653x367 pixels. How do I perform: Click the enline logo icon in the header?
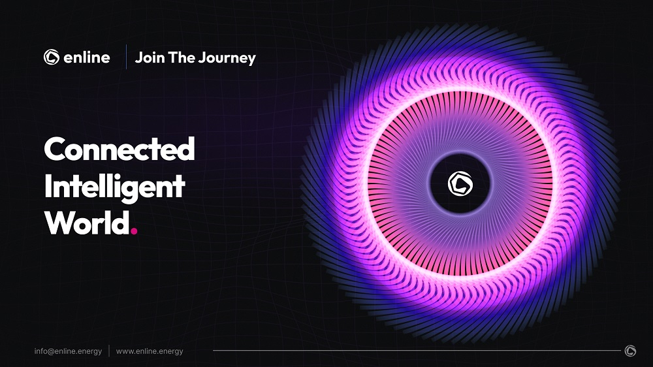[52, 57]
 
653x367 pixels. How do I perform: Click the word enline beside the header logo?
[87, 57]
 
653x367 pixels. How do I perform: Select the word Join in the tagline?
[150, 57]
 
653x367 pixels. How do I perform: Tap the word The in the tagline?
[181, 57]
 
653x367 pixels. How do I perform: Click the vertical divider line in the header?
[126, 57]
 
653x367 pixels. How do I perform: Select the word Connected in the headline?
[119, 149]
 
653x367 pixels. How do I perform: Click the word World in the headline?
[87, 223]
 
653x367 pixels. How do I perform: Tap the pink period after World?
[134, 231]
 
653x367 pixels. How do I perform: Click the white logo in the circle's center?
[460, 183]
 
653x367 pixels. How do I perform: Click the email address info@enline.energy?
[68, 351]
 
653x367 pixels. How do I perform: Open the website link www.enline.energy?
[150, 351]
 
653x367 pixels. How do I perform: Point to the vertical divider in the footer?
[109, 351]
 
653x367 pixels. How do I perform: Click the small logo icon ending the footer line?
[630, 351]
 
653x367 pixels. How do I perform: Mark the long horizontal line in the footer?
[417, 350]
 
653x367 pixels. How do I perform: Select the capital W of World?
[61, 223]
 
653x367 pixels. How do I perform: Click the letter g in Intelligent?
[141, 191]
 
